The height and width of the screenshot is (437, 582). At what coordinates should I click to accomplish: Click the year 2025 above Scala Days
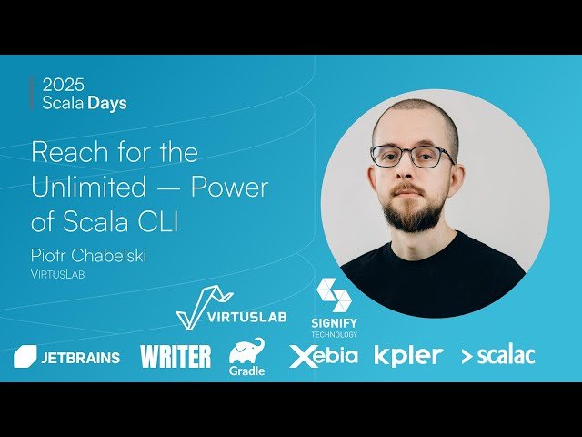coord(63,85)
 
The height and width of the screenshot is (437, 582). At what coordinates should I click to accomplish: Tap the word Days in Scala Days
coord(107,103)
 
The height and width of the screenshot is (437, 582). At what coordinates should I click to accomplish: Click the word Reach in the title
coord(65,151)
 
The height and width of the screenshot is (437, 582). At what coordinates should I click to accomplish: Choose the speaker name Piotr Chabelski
coord(88,256)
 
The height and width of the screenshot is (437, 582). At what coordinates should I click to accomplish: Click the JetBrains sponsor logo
coord(67,357)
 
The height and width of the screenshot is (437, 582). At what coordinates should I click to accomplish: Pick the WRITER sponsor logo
coord(176,356)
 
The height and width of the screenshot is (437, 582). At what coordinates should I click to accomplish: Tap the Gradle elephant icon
coord(246,351)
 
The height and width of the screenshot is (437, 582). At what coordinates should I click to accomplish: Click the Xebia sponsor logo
coord(324,356)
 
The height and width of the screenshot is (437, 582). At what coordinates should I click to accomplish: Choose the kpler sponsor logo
coord(409,356)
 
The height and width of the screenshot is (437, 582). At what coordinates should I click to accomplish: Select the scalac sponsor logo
coord(497,356)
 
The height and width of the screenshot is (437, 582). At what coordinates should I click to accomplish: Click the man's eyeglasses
coord(412,156)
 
